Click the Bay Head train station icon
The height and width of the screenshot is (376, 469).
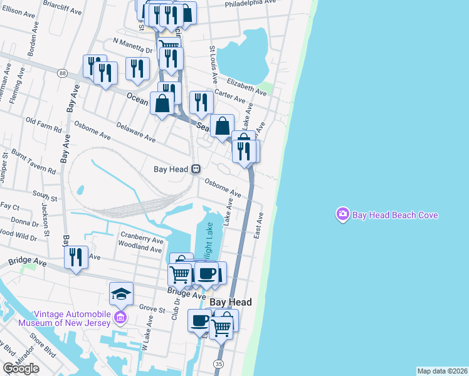[x=196, y=169]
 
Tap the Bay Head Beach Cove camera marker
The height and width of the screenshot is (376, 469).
[x=342, y=215]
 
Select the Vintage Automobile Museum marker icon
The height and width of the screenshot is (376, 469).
[x=121, y=318]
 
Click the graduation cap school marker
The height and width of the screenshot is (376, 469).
[x=121, y=293]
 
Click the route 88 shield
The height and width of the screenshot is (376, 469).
[x=61, y=73]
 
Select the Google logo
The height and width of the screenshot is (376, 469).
[x=21, y=368]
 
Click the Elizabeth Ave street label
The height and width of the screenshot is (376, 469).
[x=247, y=86]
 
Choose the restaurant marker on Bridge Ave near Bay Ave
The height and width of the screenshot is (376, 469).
[x=75, y=257]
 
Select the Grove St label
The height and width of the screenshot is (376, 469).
[x=152, y=308]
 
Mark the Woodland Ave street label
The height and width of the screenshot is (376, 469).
[x=142, y=248]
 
